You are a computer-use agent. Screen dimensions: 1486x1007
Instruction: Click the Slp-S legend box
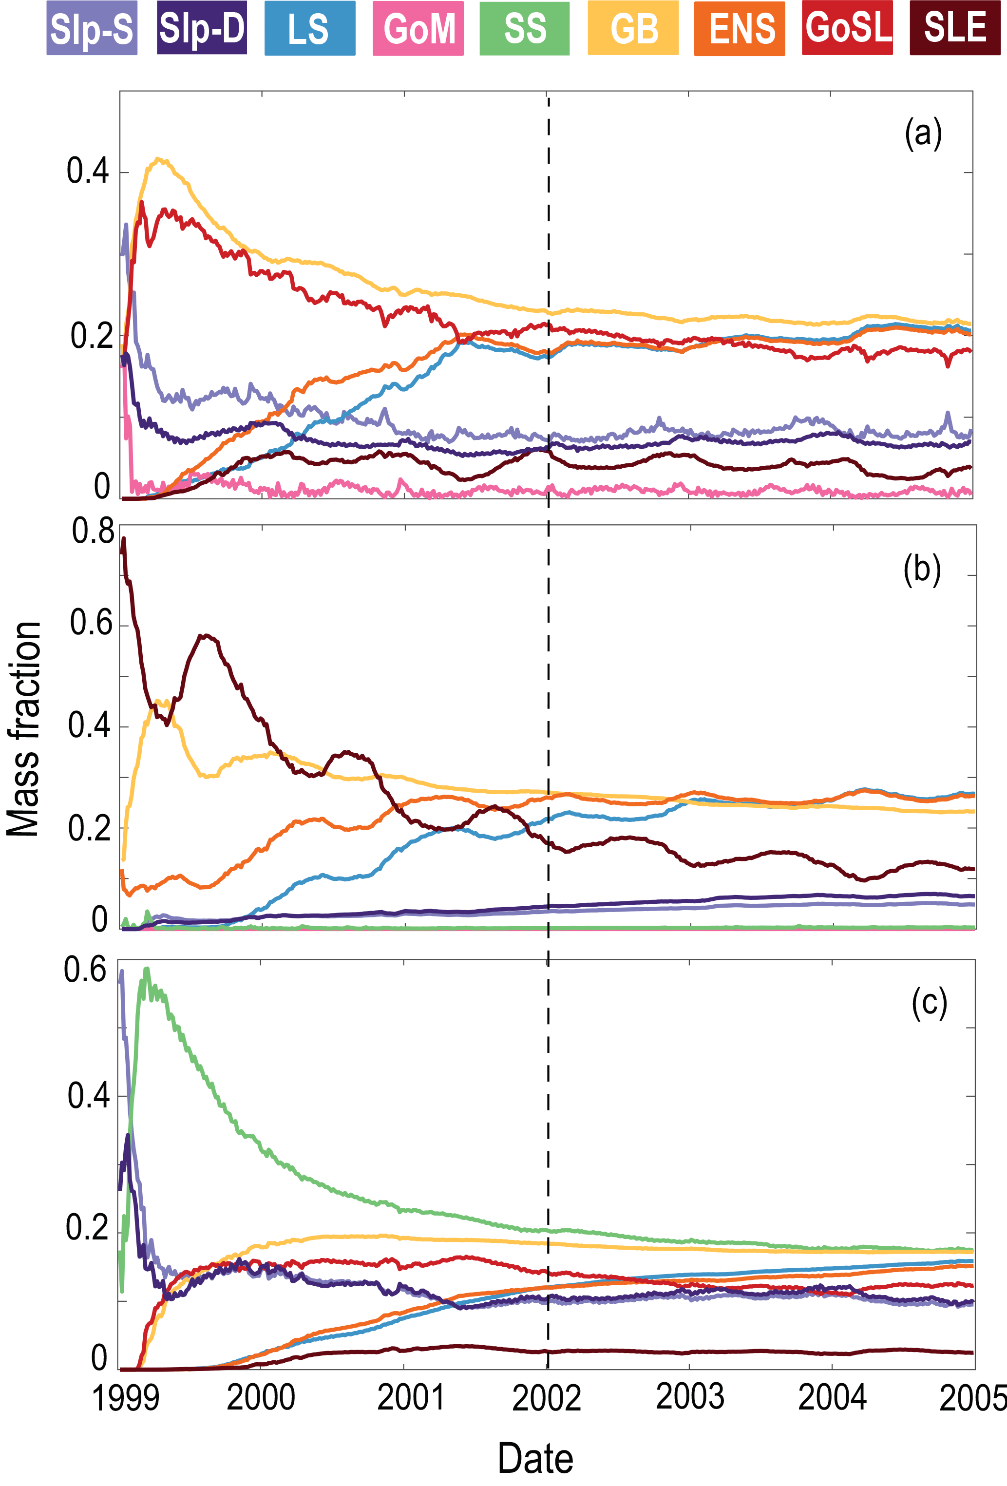coord(92,28)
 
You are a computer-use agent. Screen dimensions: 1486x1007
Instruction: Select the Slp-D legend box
coord(201,28)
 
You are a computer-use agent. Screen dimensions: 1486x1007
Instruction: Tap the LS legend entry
coord(309,28)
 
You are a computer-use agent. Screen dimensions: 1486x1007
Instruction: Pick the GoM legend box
coord(418,28)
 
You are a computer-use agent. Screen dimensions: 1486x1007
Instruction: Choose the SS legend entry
coord(524,28)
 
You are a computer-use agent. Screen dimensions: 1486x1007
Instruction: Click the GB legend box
coord(633,28)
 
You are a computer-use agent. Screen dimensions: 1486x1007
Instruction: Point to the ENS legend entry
coord(740,28)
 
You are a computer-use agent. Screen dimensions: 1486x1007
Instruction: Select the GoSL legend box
coord(847,28)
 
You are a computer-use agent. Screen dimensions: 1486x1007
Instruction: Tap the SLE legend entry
coord(954,28)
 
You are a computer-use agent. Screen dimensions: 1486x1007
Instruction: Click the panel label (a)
coord(923,134)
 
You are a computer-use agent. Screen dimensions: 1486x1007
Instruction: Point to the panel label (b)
coord(921,570)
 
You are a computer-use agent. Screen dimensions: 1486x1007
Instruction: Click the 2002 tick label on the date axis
coord(547,1398)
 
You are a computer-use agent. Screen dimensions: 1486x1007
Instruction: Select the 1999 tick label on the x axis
coord(125,1398)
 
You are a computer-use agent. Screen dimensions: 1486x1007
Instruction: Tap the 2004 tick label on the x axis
coord(832,1398)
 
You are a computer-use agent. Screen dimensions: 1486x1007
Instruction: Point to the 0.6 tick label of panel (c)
coord(85,970)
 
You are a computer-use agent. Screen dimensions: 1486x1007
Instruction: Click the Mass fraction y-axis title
coord(24,729)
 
